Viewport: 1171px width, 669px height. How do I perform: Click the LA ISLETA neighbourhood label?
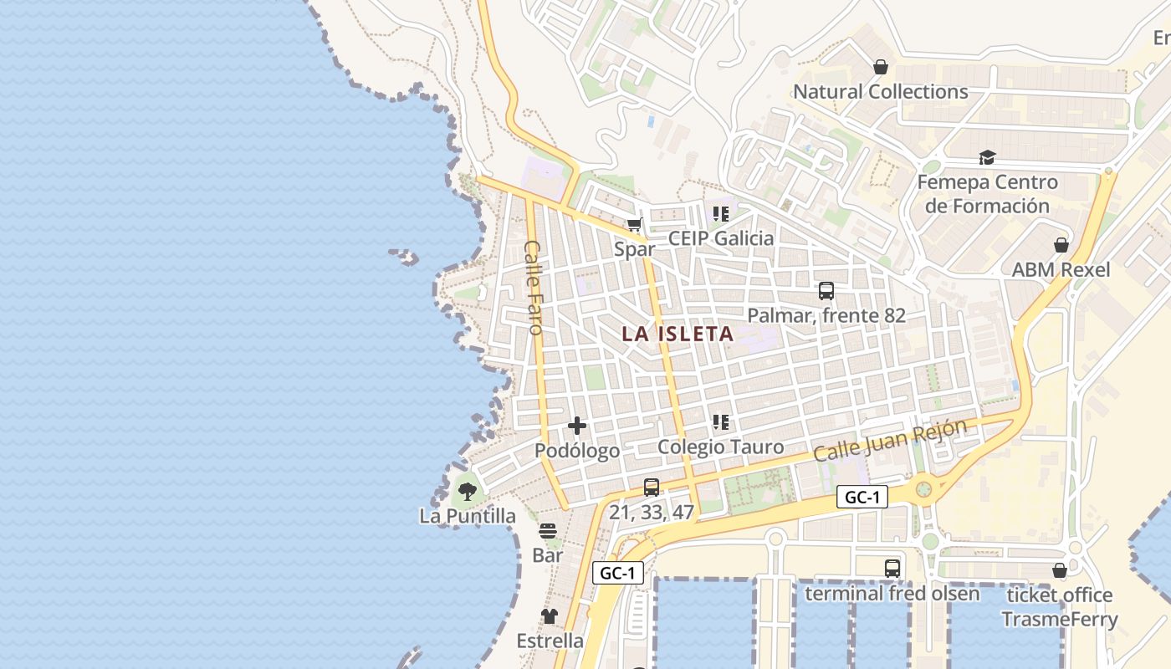click(678, 334)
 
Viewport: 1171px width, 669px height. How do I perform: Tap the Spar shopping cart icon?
click(634, 224)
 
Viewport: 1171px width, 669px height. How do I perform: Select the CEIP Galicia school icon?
click(721, 214)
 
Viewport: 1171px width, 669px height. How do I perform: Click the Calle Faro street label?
click(534, 287)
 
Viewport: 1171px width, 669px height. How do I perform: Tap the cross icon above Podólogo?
click(577, 426)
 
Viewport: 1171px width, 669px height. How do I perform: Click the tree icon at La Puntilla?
click(468, 491)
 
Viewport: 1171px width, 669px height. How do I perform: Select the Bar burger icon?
click(548, 531)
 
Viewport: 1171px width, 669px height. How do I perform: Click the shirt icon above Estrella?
click(549, 616)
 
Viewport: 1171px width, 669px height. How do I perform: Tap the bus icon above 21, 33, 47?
click(652, 487)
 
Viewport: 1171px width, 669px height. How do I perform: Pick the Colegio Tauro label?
click(720, 447)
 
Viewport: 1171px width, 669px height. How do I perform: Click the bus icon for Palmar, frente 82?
click(826, 291)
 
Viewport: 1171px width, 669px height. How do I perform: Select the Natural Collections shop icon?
click(880, 67)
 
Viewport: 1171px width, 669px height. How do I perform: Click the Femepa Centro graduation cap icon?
click(987, 158)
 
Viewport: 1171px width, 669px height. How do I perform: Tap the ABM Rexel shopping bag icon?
click(1061, 245)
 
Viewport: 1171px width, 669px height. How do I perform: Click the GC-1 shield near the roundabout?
click(862, 498)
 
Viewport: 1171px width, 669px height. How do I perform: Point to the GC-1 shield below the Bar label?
click(618, 573)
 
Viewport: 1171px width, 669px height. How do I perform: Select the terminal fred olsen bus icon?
click(892, 569)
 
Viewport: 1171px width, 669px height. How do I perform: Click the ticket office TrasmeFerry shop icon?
click(1059, 570)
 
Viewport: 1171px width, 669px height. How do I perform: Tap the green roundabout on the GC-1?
click(923, 488)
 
